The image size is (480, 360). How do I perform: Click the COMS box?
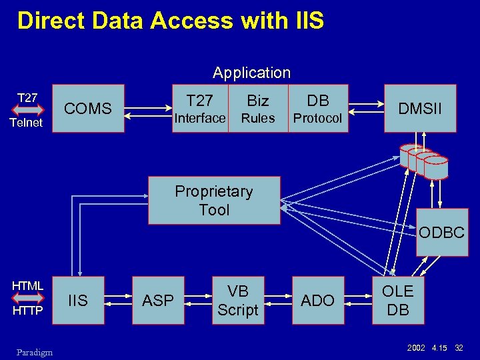[x=88, y=109]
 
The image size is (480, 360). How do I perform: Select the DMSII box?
[x=419, y=108]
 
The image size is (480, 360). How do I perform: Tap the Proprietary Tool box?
[x=214, y=201]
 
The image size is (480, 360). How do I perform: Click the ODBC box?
[x=441, y=233]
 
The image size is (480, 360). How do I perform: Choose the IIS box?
[x=78, y=301]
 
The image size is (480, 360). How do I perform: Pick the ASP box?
[x=158, y=301]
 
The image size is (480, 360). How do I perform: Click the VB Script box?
[x=237, y=301]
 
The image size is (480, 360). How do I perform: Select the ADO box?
[x=318, y=301]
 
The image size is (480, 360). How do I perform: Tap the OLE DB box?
[x=397, y=301]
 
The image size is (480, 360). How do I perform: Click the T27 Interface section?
[x=200, y=109]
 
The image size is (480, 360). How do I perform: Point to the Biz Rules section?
[x=258, y=109]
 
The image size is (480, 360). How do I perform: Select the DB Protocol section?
[x=318, y=109]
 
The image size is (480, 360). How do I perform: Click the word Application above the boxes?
[x=251, y=73]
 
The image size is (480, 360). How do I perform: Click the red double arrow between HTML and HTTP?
[x=27, y=299]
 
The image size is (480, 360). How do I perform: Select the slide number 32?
[x=459, y=348]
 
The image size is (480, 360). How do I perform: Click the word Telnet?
[x=27, y=123]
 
